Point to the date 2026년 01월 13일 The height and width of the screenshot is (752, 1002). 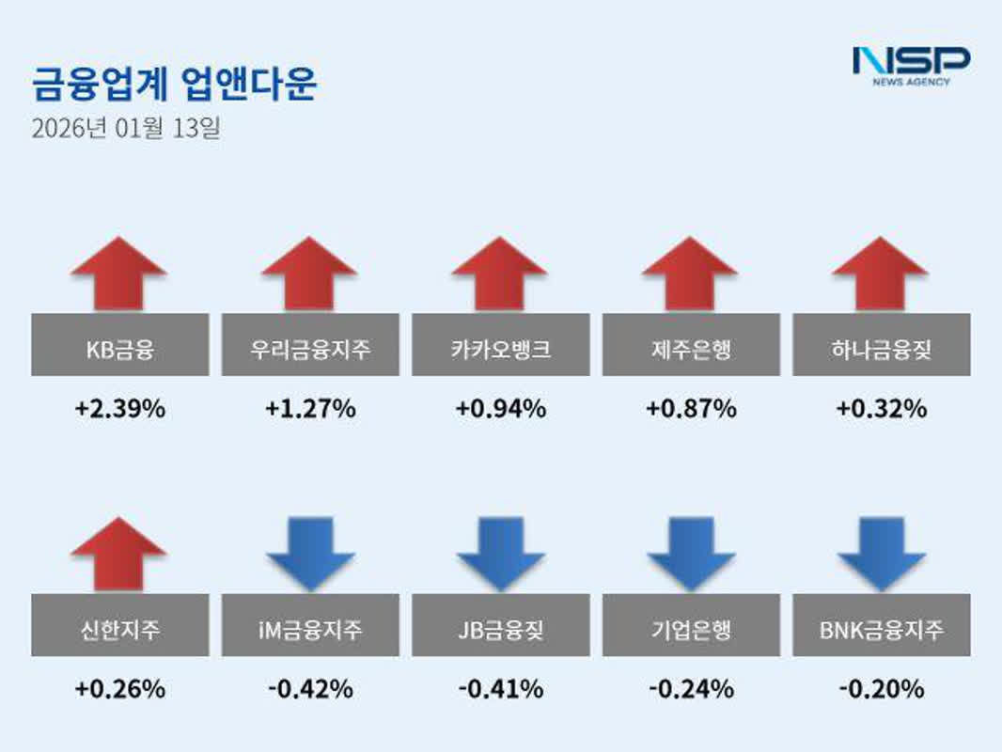126,128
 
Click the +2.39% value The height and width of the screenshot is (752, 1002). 120,409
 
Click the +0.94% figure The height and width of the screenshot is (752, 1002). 501,409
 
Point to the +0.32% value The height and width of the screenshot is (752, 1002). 881,409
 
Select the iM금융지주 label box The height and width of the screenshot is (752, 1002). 310,626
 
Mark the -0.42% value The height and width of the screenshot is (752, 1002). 310,689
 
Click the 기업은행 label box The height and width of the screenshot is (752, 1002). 691,626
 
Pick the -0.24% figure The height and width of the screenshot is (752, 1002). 691,689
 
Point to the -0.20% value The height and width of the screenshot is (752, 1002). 881,689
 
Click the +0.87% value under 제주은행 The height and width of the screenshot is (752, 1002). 691,409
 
